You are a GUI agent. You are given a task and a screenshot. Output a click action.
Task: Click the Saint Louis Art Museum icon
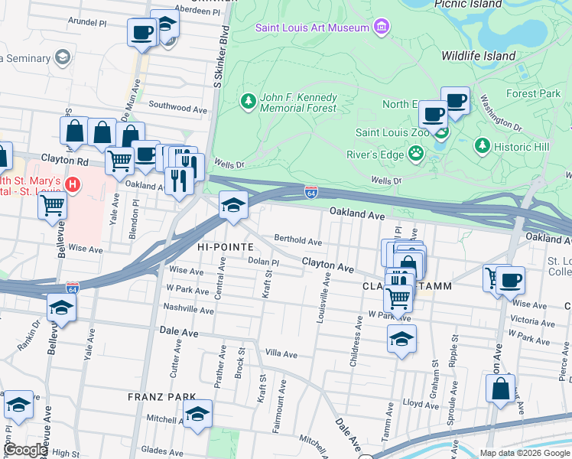380,28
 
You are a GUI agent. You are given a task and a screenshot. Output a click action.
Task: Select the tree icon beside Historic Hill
482,145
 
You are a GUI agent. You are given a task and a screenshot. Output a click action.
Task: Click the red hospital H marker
73,184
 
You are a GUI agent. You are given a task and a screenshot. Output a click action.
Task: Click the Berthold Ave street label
298,241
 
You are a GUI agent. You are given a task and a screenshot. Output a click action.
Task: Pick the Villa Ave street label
281,354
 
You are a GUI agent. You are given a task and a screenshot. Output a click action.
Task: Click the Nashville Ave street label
188,311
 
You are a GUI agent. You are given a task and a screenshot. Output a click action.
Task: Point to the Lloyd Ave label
419,402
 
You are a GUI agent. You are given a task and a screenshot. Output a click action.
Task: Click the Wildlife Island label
479,56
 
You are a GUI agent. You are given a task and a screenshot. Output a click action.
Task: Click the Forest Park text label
533,93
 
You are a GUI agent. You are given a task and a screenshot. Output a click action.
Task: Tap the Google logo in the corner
25,450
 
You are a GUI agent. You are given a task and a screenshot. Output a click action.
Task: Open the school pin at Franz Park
198,415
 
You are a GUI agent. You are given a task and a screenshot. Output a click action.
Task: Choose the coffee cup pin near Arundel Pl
141,33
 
